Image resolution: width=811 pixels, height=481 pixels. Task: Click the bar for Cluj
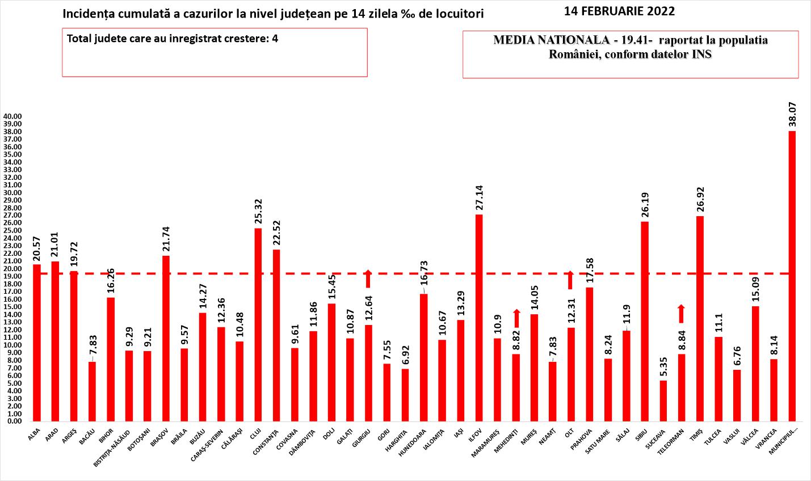(x=258, y=324)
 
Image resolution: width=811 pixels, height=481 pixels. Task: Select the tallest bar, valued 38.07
(x=792, y=276)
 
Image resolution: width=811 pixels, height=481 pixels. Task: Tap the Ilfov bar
(x=479, y=318)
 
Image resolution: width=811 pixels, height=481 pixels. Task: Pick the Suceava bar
(x=663, y=400)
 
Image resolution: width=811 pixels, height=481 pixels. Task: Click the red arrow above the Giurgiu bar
(x=368, y=279)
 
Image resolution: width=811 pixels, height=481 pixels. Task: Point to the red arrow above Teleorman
(x=681, y=314)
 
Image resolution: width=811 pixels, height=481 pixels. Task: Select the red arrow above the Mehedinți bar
(x=516, y=318)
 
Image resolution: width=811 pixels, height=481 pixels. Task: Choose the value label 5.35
(x=663, y=364)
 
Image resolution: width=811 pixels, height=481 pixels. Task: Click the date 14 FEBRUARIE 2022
(x=620, y=11)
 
